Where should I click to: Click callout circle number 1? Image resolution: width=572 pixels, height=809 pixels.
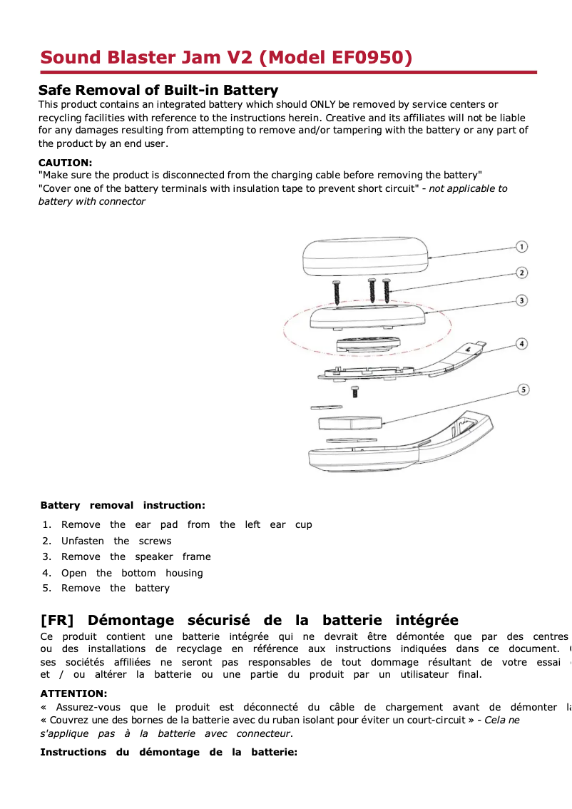522,247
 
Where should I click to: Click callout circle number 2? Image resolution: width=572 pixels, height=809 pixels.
522,273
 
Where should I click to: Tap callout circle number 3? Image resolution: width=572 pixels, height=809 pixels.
522,300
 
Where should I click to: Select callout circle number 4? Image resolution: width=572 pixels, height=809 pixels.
522,344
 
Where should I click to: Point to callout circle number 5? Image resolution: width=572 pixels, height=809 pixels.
523,390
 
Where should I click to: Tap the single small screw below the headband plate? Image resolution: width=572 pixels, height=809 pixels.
354,392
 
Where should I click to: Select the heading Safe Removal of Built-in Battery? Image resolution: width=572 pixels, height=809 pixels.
158,90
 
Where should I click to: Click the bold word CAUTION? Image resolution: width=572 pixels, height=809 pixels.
65,163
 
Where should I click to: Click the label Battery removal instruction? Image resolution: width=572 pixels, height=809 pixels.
123,505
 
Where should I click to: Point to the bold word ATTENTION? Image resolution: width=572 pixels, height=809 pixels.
73,693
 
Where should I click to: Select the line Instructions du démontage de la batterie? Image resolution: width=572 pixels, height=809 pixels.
168,752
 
